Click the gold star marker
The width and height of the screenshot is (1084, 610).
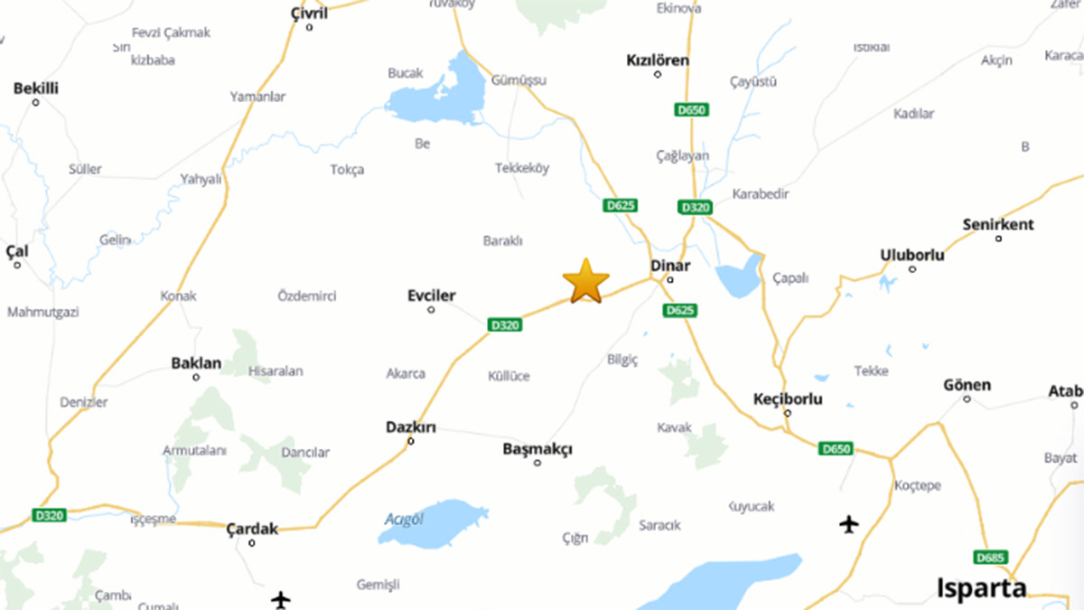585,281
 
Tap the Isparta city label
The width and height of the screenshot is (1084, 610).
982,587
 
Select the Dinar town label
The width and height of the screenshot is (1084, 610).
670,266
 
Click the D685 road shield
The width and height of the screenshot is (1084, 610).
991,557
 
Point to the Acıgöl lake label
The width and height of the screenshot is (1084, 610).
404,519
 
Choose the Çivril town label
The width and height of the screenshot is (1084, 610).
309,12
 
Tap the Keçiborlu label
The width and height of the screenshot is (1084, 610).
788,399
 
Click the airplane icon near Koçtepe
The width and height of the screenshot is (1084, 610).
848,523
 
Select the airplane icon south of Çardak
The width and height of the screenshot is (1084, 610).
281,599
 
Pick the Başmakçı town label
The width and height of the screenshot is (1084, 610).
537,449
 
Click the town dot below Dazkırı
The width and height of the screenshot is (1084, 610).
411,442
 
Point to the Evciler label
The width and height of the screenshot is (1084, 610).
431,296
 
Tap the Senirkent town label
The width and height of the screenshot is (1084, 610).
998,224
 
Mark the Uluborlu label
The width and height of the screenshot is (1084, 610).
912,255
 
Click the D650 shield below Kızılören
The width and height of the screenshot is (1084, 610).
692,110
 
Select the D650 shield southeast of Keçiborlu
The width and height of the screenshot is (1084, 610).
836,448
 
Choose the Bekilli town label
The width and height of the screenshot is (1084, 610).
36,89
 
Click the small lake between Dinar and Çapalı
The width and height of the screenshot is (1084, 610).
740,277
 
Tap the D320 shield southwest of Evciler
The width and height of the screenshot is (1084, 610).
504,325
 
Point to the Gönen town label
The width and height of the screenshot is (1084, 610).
967,385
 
